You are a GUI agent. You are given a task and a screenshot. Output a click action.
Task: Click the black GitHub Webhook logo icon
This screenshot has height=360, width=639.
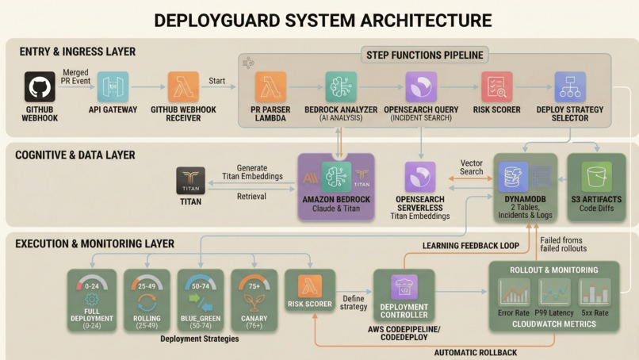coord(40,86)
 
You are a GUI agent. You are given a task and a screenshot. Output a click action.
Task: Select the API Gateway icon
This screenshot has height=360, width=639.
coord(112,86)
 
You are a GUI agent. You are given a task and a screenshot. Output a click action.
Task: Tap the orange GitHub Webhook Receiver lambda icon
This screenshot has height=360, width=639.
coord(183,86)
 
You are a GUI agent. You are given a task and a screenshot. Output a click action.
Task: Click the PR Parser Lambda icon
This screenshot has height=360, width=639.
coord(270,86)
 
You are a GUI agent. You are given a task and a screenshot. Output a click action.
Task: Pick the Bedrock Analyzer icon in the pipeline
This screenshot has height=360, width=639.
coord(341,86)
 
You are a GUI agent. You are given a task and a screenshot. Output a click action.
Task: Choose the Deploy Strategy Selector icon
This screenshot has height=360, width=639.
coord(569,86)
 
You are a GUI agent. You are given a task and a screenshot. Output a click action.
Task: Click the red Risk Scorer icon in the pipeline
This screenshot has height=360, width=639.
coord(496,86)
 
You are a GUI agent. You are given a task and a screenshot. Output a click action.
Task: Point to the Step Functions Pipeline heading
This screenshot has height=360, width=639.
coord(425,55)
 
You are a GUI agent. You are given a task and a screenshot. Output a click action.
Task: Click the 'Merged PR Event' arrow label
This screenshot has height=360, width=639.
coord(76,76)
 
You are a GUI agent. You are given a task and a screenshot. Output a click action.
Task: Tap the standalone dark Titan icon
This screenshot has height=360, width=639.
coord(190,180)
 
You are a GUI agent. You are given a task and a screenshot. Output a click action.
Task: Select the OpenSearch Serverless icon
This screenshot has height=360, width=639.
coord(420,178)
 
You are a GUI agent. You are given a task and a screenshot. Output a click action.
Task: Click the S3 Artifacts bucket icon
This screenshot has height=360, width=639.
coord(595,176)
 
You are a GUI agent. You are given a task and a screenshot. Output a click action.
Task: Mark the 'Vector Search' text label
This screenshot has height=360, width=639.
coord(472,167)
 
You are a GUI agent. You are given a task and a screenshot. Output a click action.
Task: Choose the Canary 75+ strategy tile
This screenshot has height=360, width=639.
coord(254,300)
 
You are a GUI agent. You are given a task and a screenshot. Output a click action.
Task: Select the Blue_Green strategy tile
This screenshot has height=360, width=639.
coord(200,300)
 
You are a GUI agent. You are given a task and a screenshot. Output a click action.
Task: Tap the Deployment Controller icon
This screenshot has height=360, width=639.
coord(404,287)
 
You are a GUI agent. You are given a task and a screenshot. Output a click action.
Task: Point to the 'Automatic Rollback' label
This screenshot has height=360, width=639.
coord(475,352)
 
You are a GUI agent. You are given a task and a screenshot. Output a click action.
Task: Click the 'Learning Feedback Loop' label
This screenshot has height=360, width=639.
coord(470,246)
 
